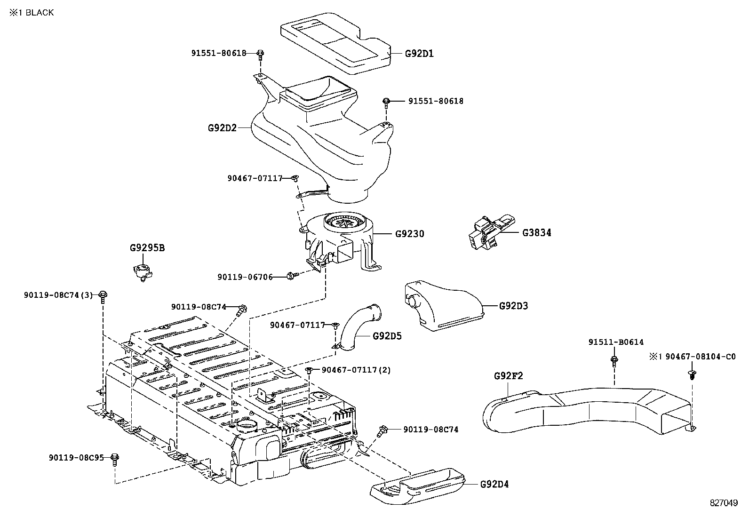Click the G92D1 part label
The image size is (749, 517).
pyautogui.click(x=419, y=54)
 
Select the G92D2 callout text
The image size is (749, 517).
pyautogui.click(x=222, y=128)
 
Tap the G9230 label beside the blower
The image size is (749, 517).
pyautogui.click(x=410, y=233)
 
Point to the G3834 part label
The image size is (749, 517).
pyautogui.click(x=537, y=232)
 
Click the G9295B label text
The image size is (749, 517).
pyautogui.click(x=147, y=248)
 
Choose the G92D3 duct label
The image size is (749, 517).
pyautogui.click(x=514, y=306)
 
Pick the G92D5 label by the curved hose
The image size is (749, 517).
pyautogui.click(x=387, y=336)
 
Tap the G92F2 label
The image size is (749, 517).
pyautogui.click(x=508, y=376)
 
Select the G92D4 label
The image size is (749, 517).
pyautogui.click(x=494, y=484)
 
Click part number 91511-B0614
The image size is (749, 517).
pyautogui.click(x=616, y=342)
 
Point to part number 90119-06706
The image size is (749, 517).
pyautogui.click(x=245, y=277)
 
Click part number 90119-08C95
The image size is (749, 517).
pyautogui.click(x=77, y=457)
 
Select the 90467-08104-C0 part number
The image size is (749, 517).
pyautogui.click(x=701, y=357)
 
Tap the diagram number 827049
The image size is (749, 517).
pyautogui.click(x=724, y=502)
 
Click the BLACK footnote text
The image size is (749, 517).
pyautogui.click(x=40, y=12)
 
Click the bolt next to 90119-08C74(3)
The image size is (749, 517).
pyautogui.click(x=103, y=297)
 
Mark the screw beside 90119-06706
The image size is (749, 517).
pyautogui.click(x=293, y=276)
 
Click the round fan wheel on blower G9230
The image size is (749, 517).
pyautogui.click(x=344, y=222)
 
